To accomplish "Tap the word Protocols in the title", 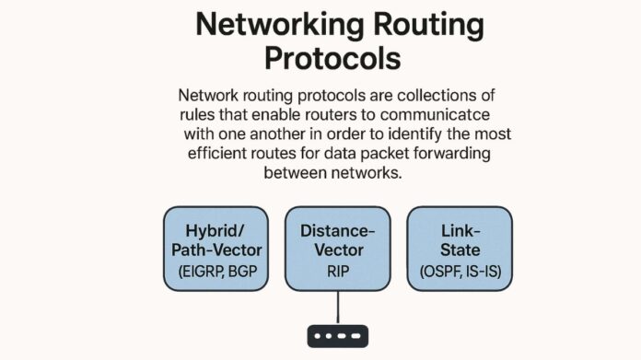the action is [332, 58].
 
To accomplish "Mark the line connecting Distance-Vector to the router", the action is [338, 304].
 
